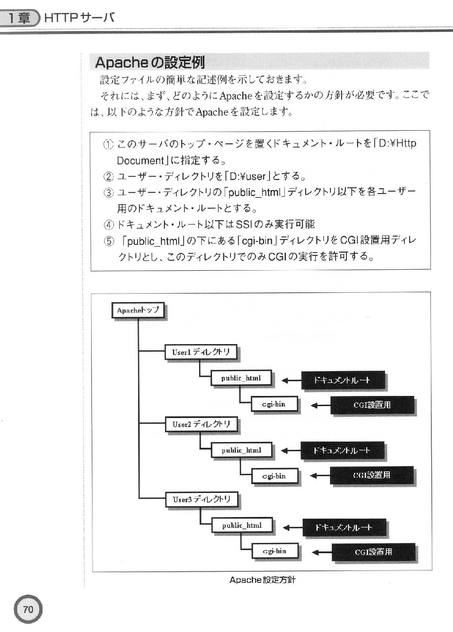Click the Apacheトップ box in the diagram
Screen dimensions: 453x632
pos(138,310)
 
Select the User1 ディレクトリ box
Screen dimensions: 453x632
pos(201,352)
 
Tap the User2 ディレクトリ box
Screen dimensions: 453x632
pos(201,424)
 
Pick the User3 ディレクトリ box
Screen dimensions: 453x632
pos(202,500)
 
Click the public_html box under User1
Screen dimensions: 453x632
pos(241,378)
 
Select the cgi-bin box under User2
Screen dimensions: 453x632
pos(274,476)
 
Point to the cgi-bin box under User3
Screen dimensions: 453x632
pos(275,551)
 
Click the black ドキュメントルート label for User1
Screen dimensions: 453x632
pos(343,380)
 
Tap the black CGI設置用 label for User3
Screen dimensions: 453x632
pos(373,552)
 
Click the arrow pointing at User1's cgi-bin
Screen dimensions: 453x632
pos(321,405)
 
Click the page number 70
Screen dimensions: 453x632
pos(28,610)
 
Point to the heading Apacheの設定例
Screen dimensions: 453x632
pos(150,62)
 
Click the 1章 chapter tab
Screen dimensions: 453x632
pos(19,18)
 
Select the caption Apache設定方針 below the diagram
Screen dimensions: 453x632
pos(262,580)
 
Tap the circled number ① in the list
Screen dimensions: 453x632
pos(108,144)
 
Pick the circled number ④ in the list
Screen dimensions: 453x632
pos(108,225)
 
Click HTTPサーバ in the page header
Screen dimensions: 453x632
pos(80,18)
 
